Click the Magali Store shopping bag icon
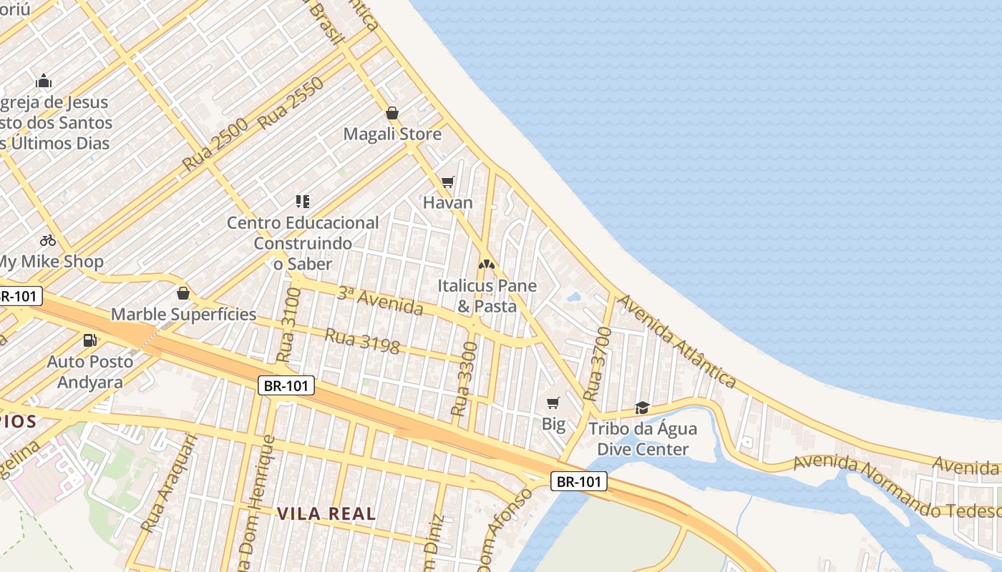pyautogui.click(x=391, y=113)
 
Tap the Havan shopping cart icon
pyautogui.click(x=448, y=182)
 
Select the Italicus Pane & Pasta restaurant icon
pyautogui.click(x=487, y=265)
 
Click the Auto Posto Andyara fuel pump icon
pyautogui.click(x=90, y=340)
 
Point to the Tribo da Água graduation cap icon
pyautogui.click(x=642, y=408)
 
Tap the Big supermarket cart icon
pyautogui.click(x=553, y=403)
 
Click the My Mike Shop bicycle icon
pyautogui.click(x=48, y=240)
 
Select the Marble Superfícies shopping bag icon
pyautogui.click(x=183, y=293)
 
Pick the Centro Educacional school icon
pyautogui.click(x=303, y=202)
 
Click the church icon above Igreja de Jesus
pyautogui.click(x=44, y=81)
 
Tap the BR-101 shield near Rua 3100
pyautogui.click(x=286, y=386)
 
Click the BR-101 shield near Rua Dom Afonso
pyautogui.click(x=579, y=481)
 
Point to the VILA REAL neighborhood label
pyautogui.click(x=326, y=513)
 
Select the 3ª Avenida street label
pyautogui.click(x=380, y=300)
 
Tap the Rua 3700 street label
pyautogui.click(x=597, y=363)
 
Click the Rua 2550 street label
pyautogui.click(x=291, y=103)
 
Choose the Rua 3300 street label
pyautogui.click(x=464, y=379)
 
